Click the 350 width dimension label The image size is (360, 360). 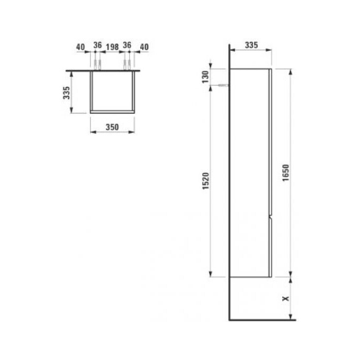112,127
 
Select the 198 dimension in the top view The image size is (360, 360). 112,47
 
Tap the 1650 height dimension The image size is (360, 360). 286,173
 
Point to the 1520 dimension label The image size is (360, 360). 206,181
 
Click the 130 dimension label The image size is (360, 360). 205,77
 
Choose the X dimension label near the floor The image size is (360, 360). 286,299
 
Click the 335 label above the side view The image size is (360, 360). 251,45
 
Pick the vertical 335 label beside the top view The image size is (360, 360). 66,93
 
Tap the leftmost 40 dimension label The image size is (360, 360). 80,47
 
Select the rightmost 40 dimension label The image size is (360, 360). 144,47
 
